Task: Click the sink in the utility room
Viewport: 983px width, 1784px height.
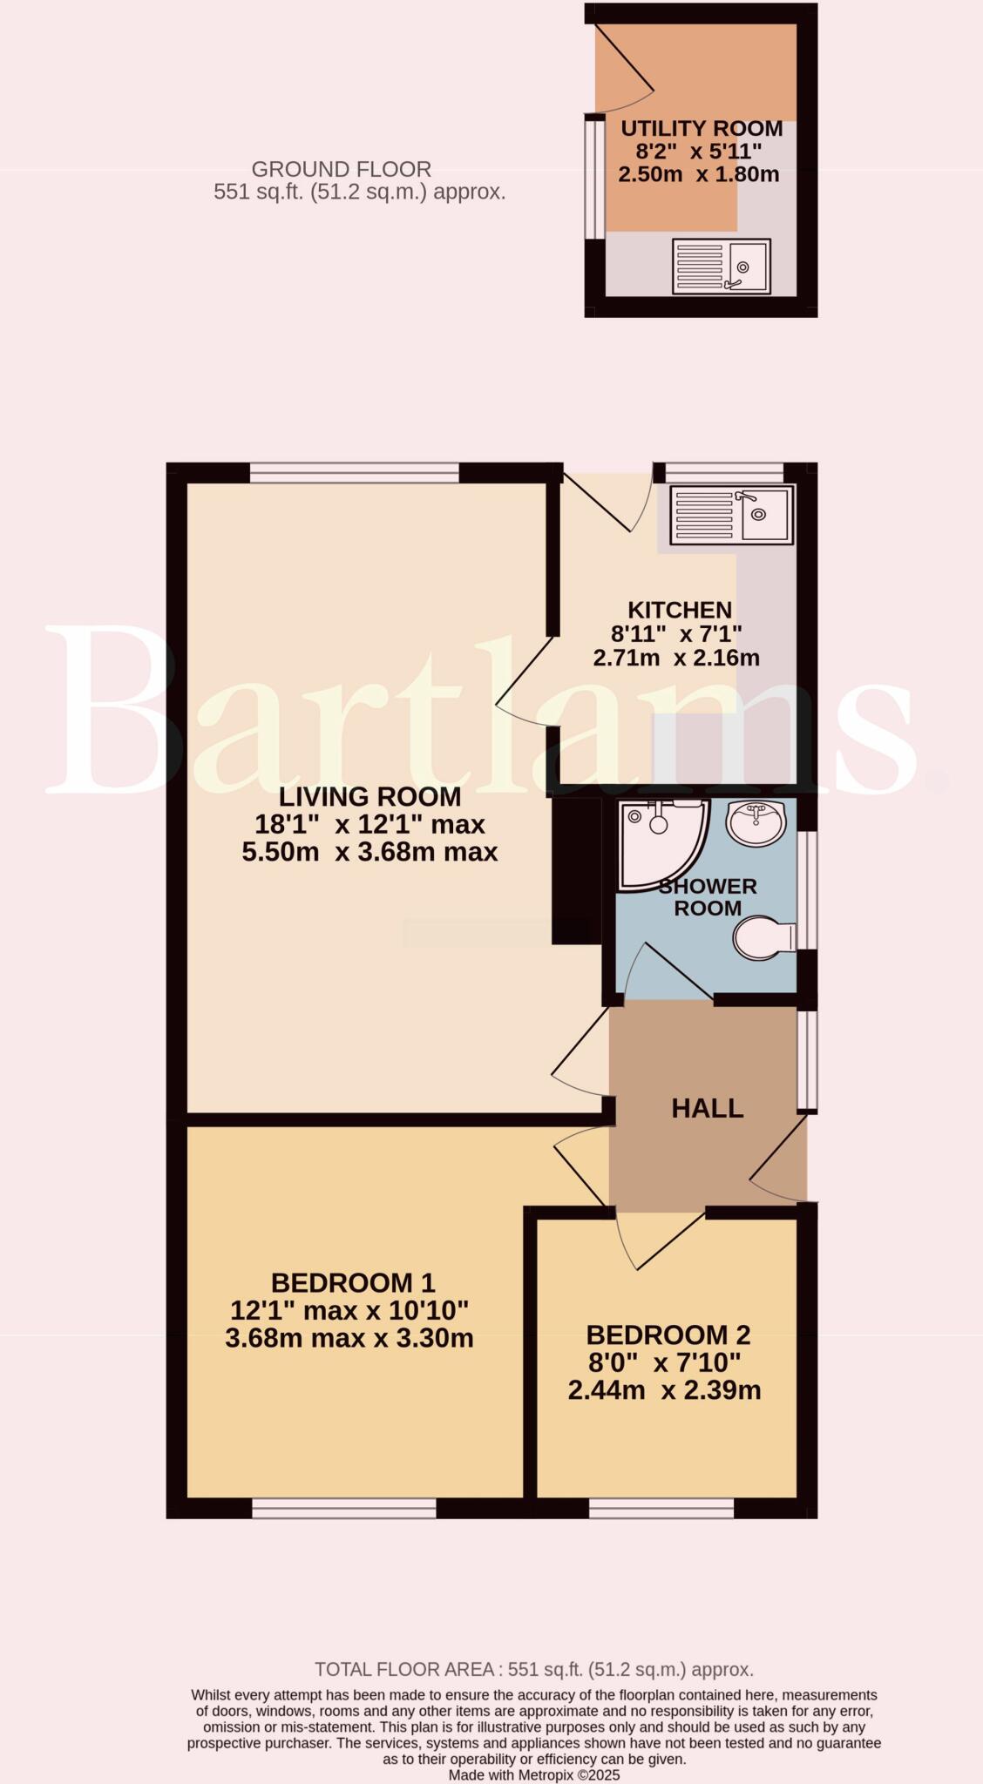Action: point(721,267)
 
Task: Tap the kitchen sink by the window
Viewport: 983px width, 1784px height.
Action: point(731,515)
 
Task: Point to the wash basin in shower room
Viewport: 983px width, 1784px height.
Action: point(756,821)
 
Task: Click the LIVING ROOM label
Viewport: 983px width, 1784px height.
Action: point(369,796)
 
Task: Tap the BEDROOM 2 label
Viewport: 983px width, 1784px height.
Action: point(668,1335)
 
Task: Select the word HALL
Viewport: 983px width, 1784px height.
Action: point(707,1108)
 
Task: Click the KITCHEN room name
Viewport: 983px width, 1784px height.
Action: point(680,610)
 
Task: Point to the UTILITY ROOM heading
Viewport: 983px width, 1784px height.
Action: point(702,129)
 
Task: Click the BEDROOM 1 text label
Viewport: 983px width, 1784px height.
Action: point(352,1282)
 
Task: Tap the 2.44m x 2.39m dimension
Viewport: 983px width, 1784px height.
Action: point(664,1390)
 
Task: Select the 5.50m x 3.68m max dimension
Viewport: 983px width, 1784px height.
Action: point(369,852)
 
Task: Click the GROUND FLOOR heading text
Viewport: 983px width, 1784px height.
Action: point(341,169)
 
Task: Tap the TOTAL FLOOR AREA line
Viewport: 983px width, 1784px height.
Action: point(533,1670)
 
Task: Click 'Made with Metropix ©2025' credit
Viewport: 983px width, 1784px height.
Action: point(533,1774)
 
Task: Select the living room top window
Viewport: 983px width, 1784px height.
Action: point(354,472)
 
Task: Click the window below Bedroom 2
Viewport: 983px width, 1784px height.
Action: point(661,1508)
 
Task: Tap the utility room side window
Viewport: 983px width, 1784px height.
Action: point(594,178)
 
